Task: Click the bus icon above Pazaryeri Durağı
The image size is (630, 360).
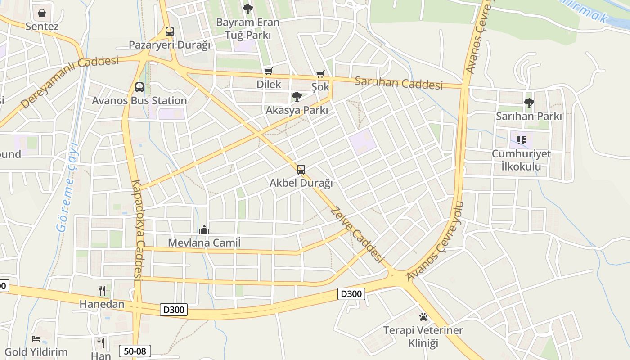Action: tap(169, 31)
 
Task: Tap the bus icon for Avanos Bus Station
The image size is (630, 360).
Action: tap(139, 87)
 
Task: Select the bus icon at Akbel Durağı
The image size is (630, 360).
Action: tap(301, 170)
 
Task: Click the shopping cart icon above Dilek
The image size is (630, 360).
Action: tap(269, 71)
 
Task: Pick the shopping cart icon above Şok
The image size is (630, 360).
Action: tap(320, 74)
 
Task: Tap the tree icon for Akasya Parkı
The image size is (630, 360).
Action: tap(297, 96)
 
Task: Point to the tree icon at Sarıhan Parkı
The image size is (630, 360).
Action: tap(529, 103)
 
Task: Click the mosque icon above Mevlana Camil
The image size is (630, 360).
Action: tap(204, 230)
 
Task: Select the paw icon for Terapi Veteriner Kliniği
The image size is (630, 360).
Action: tap(423, 317)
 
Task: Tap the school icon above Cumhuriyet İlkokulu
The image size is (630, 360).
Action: tap(522, 140)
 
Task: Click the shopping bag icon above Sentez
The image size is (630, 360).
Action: tap(42, 13)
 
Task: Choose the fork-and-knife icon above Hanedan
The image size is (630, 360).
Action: tap(102, 291)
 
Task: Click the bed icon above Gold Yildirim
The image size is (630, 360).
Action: tap(36, 339)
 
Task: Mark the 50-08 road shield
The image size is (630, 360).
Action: tap(135, 351)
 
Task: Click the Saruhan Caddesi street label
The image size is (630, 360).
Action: tap(398, 83)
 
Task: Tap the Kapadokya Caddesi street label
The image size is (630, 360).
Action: tap(137, 229)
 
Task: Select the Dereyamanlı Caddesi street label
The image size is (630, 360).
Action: tap(70, 81)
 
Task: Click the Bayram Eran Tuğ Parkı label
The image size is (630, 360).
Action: tap(247, 28)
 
